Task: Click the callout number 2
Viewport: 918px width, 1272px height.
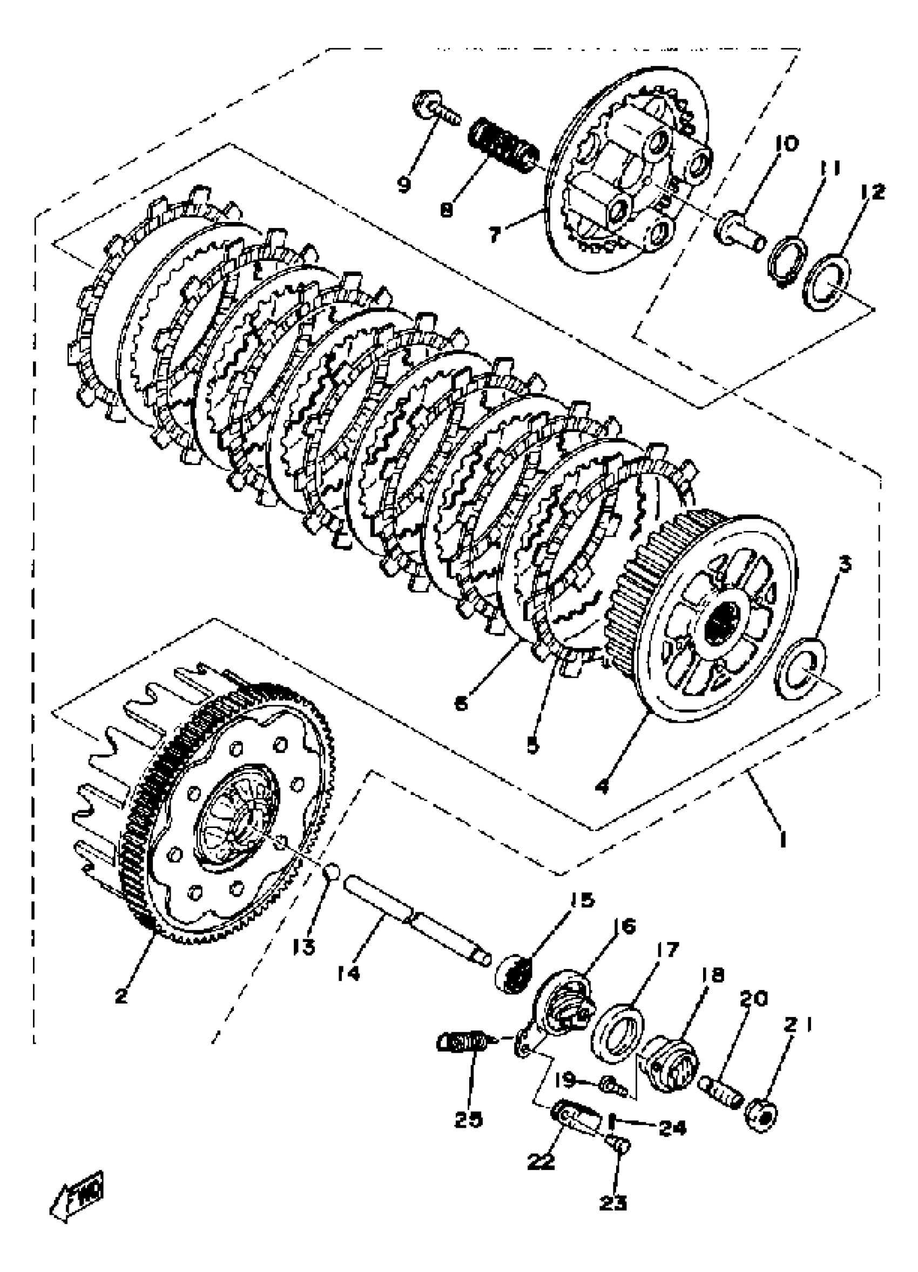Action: click(120, 995)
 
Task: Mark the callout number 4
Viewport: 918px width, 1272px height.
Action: click(601, 786)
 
